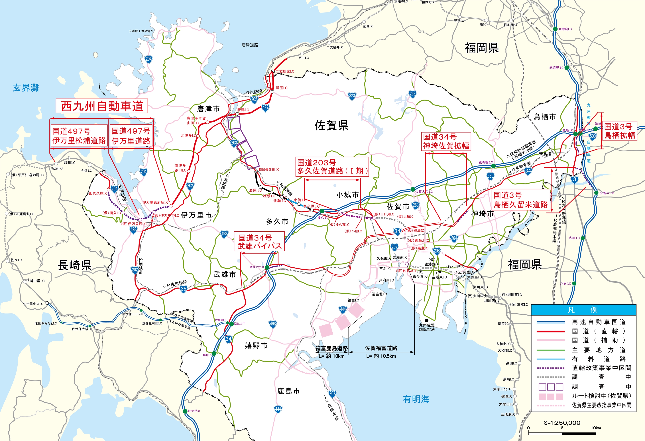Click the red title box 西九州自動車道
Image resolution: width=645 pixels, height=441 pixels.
(102, 106)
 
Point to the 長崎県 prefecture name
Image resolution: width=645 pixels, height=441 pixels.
(74, 265)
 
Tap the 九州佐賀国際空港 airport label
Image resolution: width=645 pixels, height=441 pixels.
(427, 327)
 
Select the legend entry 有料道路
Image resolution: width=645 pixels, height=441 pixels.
(599, 359)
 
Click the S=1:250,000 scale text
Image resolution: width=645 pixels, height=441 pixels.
(562, 423)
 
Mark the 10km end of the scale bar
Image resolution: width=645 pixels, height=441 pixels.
(596, 428)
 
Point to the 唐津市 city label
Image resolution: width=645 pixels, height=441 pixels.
(208, 109)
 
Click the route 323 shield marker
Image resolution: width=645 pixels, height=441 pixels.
(352, 96)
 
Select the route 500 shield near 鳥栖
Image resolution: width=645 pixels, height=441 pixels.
(593, 136)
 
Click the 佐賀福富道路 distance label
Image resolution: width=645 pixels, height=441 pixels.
(381, 348)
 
